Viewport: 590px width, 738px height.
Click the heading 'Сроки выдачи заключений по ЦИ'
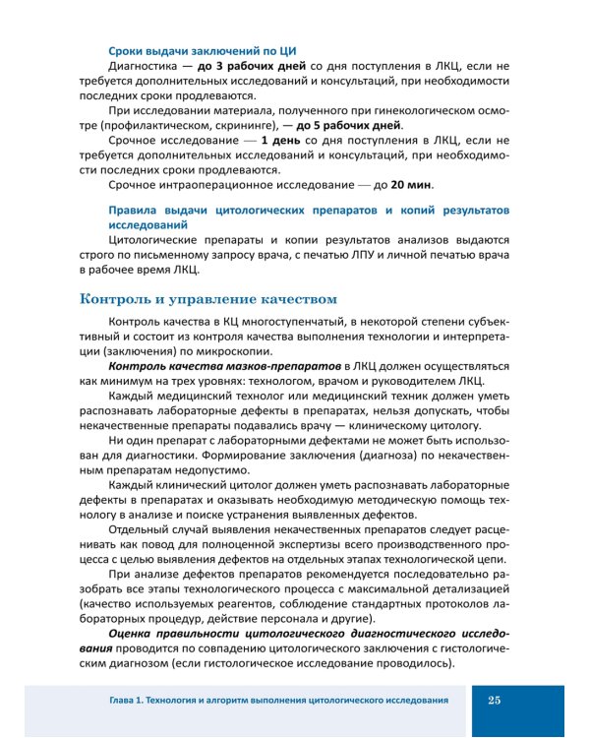(204, 50)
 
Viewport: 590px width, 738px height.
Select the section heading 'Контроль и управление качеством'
(208, 298)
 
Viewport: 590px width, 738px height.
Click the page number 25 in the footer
(494, 700)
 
